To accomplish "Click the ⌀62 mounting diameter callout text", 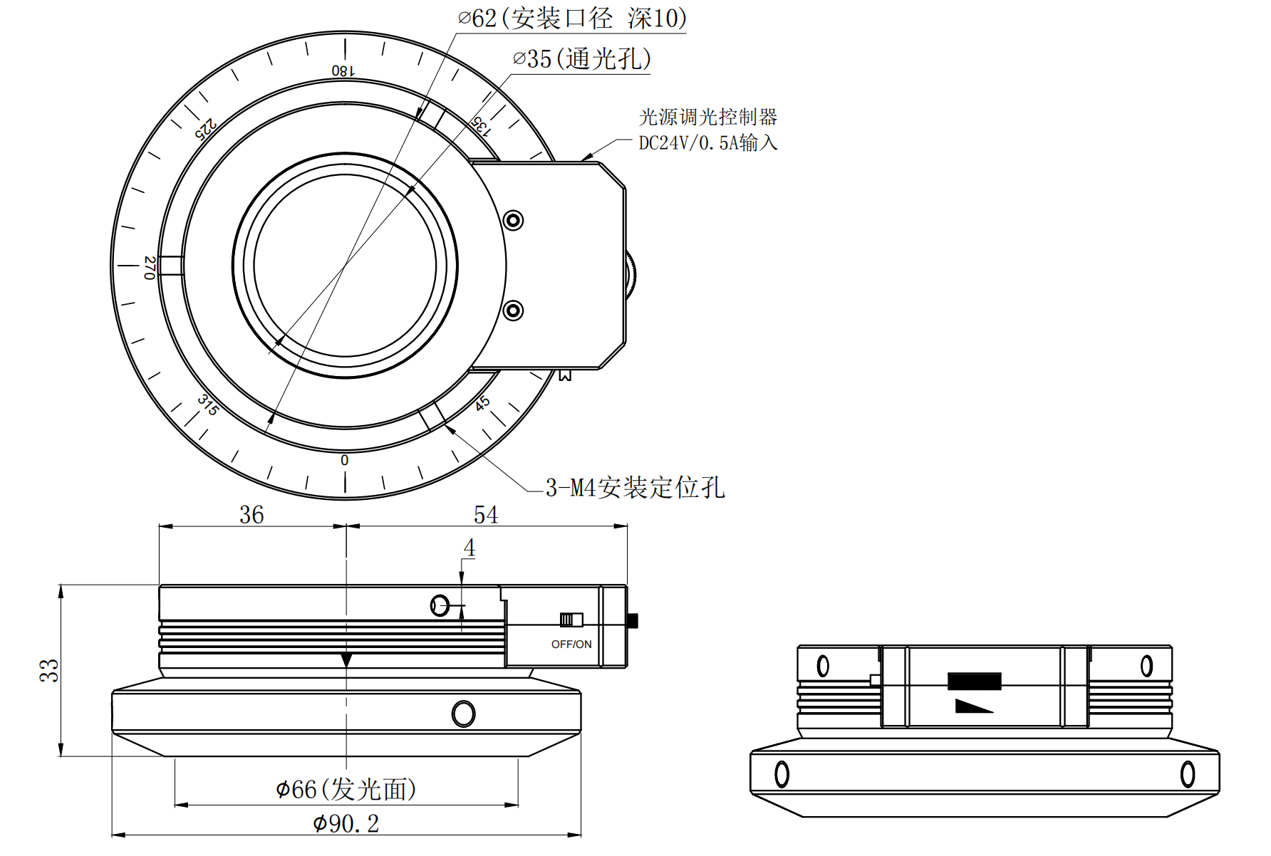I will click(x=571, y=18).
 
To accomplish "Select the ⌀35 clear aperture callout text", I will click(x=581, y=58).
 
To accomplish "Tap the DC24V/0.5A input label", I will click(x=707, y=142).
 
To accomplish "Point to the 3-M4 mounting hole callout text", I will click(x=635, y=488).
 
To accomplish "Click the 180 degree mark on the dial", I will click(x=343, y=70).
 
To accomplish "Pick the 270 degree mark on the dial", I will click(x=150, y=268).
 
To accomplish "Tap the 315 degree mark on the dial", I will click(x=207, y=404).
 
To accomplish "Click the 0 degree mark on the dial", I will click(x=345, y=460).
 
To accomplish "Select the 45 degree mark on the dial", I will click(x=482, y=403).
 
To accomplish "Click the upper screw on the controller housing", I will click(x=513, y=220).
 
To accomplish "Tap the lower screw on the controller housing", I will click(x=513, y=310).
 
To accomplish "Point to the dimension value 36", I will click(x=251, y=514).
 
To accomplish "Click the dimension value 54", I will click(x=486, y=514).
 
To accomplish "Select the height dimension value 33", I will click(x=49, y=670).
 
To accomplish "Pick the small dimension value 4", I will click(x=469, y=548).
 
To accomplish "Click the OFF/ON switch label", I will click(x=571, y=644).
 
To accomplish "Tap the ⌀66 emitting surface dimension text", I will click(x=346, y=789).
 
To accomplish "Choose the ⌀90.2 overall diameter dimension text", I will click(x=346, y=823).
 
